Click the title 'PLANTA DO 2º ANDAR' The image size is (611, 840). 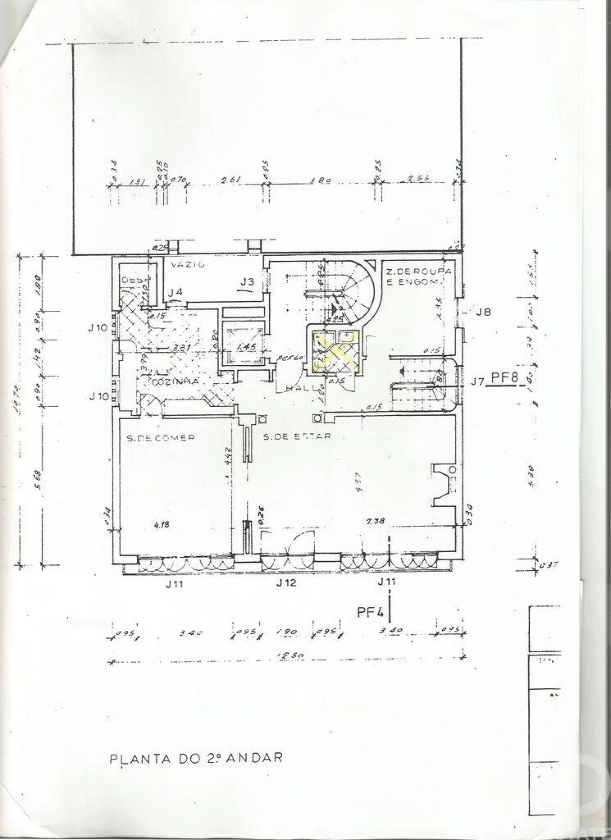pos(196,758)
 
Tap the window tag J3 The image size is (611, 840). pos(247,282)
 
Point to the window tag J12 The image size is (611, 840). pos(286,583)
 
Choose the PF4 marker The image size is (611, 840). pos(370,613)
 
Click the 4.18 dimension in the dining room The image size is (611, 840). pos(162,524)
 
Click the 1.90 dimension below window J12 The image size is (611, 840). pos(287,632)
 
